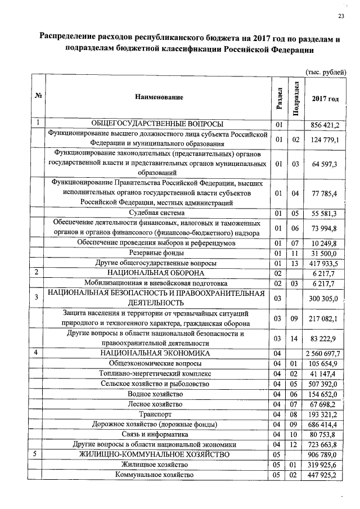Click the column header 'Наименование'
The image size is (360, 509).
[159, 97]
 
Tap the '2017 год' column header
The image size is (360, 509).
[325, 98]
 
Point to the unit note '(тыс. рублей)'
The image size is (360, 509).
[325, 71]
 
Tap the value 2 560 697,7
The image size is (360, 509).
[324, 353]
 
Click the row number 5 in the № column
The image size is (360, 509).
[37, 454]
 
